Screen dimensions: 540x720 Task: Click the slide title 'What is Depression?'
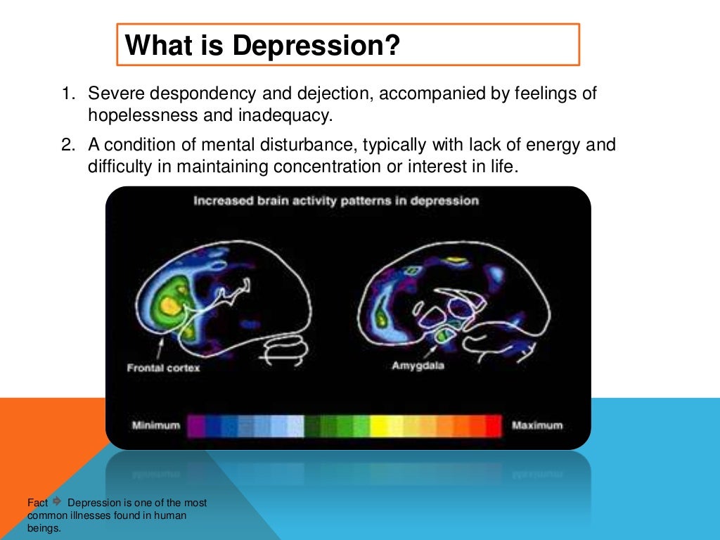click(x=262, y=46)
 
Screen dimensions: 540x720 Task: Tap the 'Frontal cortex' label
click(x=163, y=368)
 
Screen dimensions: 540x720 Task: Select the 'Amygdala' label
click(x=418, y=366)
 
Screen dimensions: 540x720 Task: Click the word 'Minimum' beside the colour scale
click(x=155, y=425)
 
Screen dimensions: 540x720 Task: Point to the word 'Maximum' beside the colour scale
click(x=537, y=425)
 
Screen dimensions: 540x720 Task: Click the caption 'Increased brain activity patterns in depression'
click(x=336, y=201)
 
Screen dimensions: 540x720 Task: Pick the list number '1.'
click(x=67, y=94)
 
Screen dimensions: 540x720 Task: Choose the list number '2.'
click(x=67, y=145)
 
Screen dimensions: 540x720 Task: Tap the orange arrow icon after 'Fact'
click(x=58, y=502)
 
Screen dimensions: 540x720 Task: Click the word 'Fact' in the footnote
click(x=38, y=503)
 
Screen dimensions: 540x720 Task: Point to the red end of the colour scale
click(x=494, y=425)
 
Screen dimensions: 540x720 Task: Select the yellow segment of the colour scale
click(x=379, y=425)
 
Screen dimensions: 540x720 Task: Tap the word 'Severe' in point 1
click(x=112, y=94)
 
